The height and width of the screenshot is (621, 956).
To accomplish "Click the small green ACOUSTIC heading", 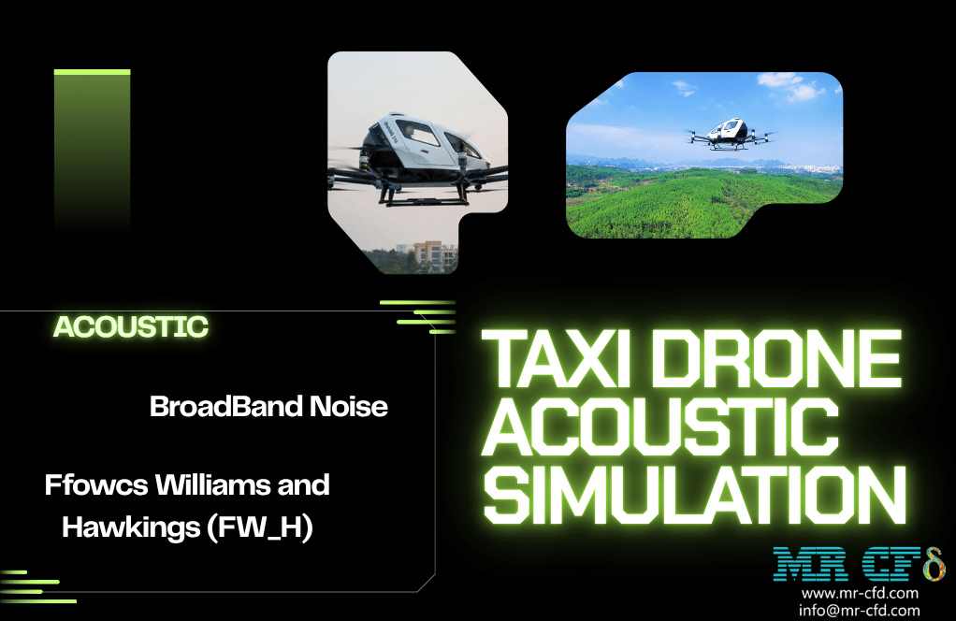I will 131,327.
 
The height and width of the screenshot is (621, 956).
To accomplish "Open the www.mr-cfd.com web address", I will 860,593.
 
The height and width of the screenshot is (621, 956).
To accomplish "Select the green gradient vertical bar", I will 92,150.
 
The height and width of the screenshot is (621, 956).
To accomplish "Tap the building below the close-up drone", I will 433,254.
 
